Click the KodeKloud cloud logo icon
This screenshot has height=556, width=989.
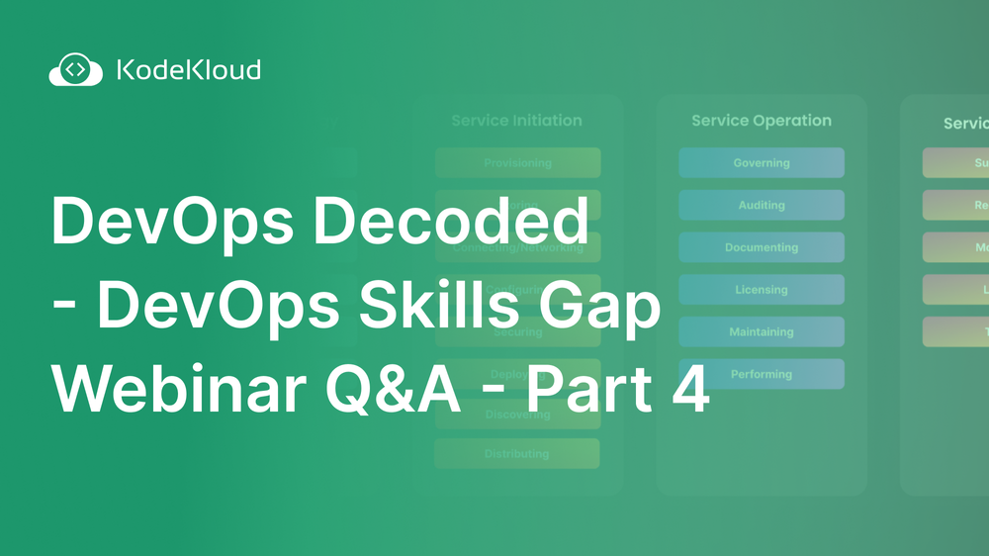[75, 70]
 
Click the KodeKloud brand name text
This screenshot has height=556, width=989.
[189, 70]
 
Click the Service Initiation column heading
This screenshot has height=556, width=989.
[516, 121]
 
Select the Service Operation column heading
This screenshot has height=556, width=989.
[761, 121]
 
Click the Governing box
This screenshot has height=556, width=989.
[761, 163]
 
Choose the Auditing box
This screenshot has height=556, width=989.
[761, 205]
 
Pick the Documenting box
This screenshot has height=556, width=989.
[761, 247]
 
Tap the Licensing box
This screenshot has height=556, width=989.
[761, 290]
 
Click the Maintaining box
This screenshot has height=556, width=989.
[761, 332]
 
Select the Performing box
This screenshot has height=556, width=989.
[761, 374]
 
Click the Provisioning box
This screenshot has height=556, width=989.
[517, 163]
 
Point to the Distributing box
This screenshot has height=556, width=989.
[517, 454]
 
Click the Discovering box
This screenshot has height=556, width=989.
[517, 416]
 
